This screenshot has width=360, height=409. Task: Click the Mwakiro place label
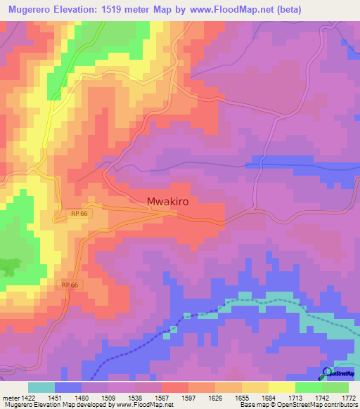tap(172, 201)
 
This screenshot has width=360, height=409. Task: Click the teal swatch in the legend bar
tap(41, 387)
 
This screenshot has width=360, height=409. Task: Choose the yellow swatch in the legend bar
tap(282, 387)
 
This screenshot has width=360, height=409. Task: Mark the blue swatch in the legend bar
tap(68, 387)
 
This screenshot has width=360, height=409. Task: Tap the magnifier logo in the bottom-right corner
tap(327, 372)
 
